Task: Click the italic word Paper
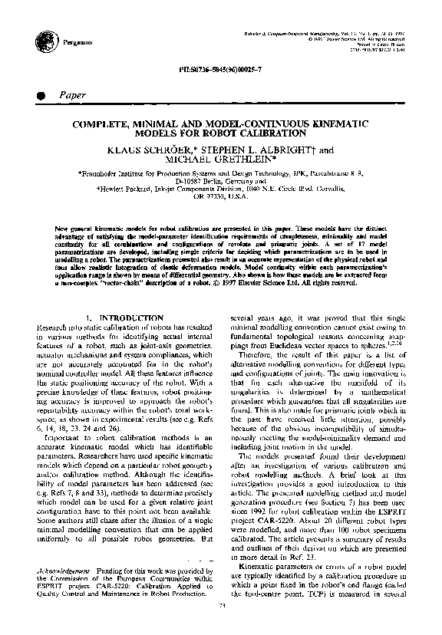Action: [71, 95]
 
